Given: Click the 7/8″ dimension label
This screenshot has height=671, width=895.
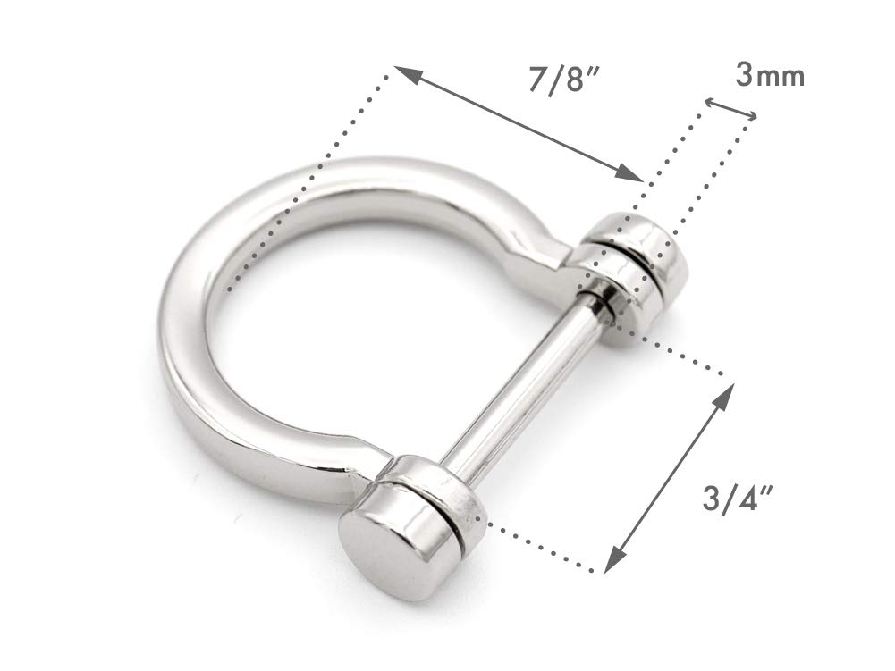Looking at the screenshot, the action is click(x=564, y=79).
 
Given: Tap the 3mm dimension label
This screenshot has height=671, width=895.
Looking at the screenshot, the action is click(x=770, y=75).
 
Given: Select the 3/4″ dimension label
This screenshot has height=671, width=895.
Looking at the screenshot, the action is click(x=739, y=499).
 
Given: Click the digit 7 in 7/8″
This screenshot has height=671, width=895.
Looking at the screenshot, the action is click(x=539, y=80).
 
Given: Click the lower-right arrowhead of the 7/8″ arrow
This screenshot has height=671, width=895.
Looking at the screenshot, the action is click(x=630, y=173).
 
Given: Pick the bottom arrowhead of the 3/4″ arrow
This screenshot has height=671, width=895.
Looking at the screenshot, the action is click(x=612, y=558).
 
